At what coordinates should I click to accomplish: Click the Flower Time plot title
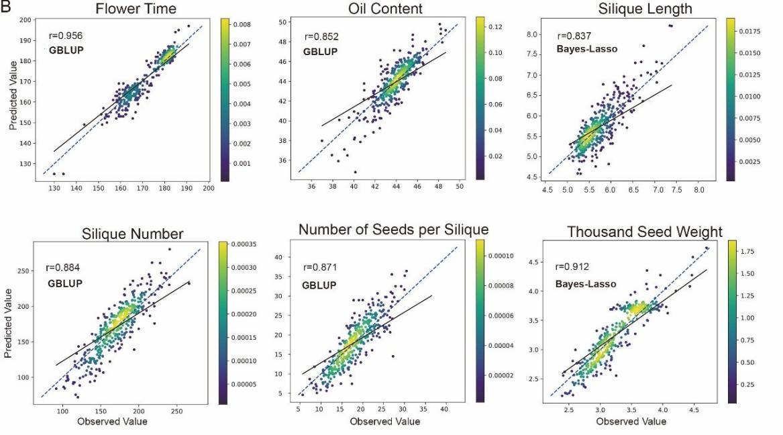pyautogui.click(x=136, y=9)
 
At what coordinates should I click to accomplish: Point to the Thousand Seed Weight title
pyautogui.click(x=645, y=232)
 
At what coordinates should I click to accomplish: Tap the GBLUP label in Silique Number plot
pyautogui.click(x=65, y=283)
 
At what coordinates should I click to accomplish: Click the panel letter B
pyautogui.click(x=5, y=7)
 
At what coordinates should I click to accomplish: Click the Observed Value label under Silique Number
pyautogui.click(x=112, y=422)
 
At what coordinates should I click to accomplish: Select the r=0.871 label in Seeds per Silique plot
pyautogui.click(x=320, y=267)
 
